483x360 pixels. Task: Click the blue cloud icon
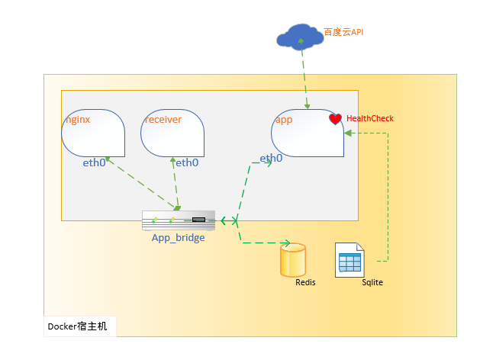point(301,37)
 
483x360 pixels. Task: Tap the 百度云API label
point(345,33)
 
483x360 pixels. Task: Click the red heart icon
point(335,119)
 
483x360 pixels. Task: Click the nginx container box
point(94,135)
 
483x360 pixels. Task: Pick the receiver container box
point(172,135)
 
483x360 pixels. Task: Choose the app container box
point(307,135)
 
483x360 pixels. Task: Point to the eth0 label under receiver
point(187,162)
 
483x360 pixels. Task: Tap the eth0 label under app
point(270,159)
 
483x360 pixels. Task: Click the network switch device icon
point(179,220)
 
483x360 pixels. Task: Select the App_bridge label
point(178,237)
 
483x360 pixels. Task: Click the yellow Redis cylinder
point(292,260)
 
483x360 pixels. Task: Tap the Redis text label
point(305,282)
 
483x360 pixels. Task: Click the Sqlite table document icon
point(349,260)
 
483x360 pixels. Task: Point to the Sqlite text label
point(372,282)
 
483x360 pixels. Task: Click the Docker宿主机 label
point(78,326)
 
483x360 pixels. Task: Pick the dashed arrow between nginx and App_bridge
point(141,183)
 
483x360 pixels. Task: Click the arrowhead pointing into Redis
point(285,244)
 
